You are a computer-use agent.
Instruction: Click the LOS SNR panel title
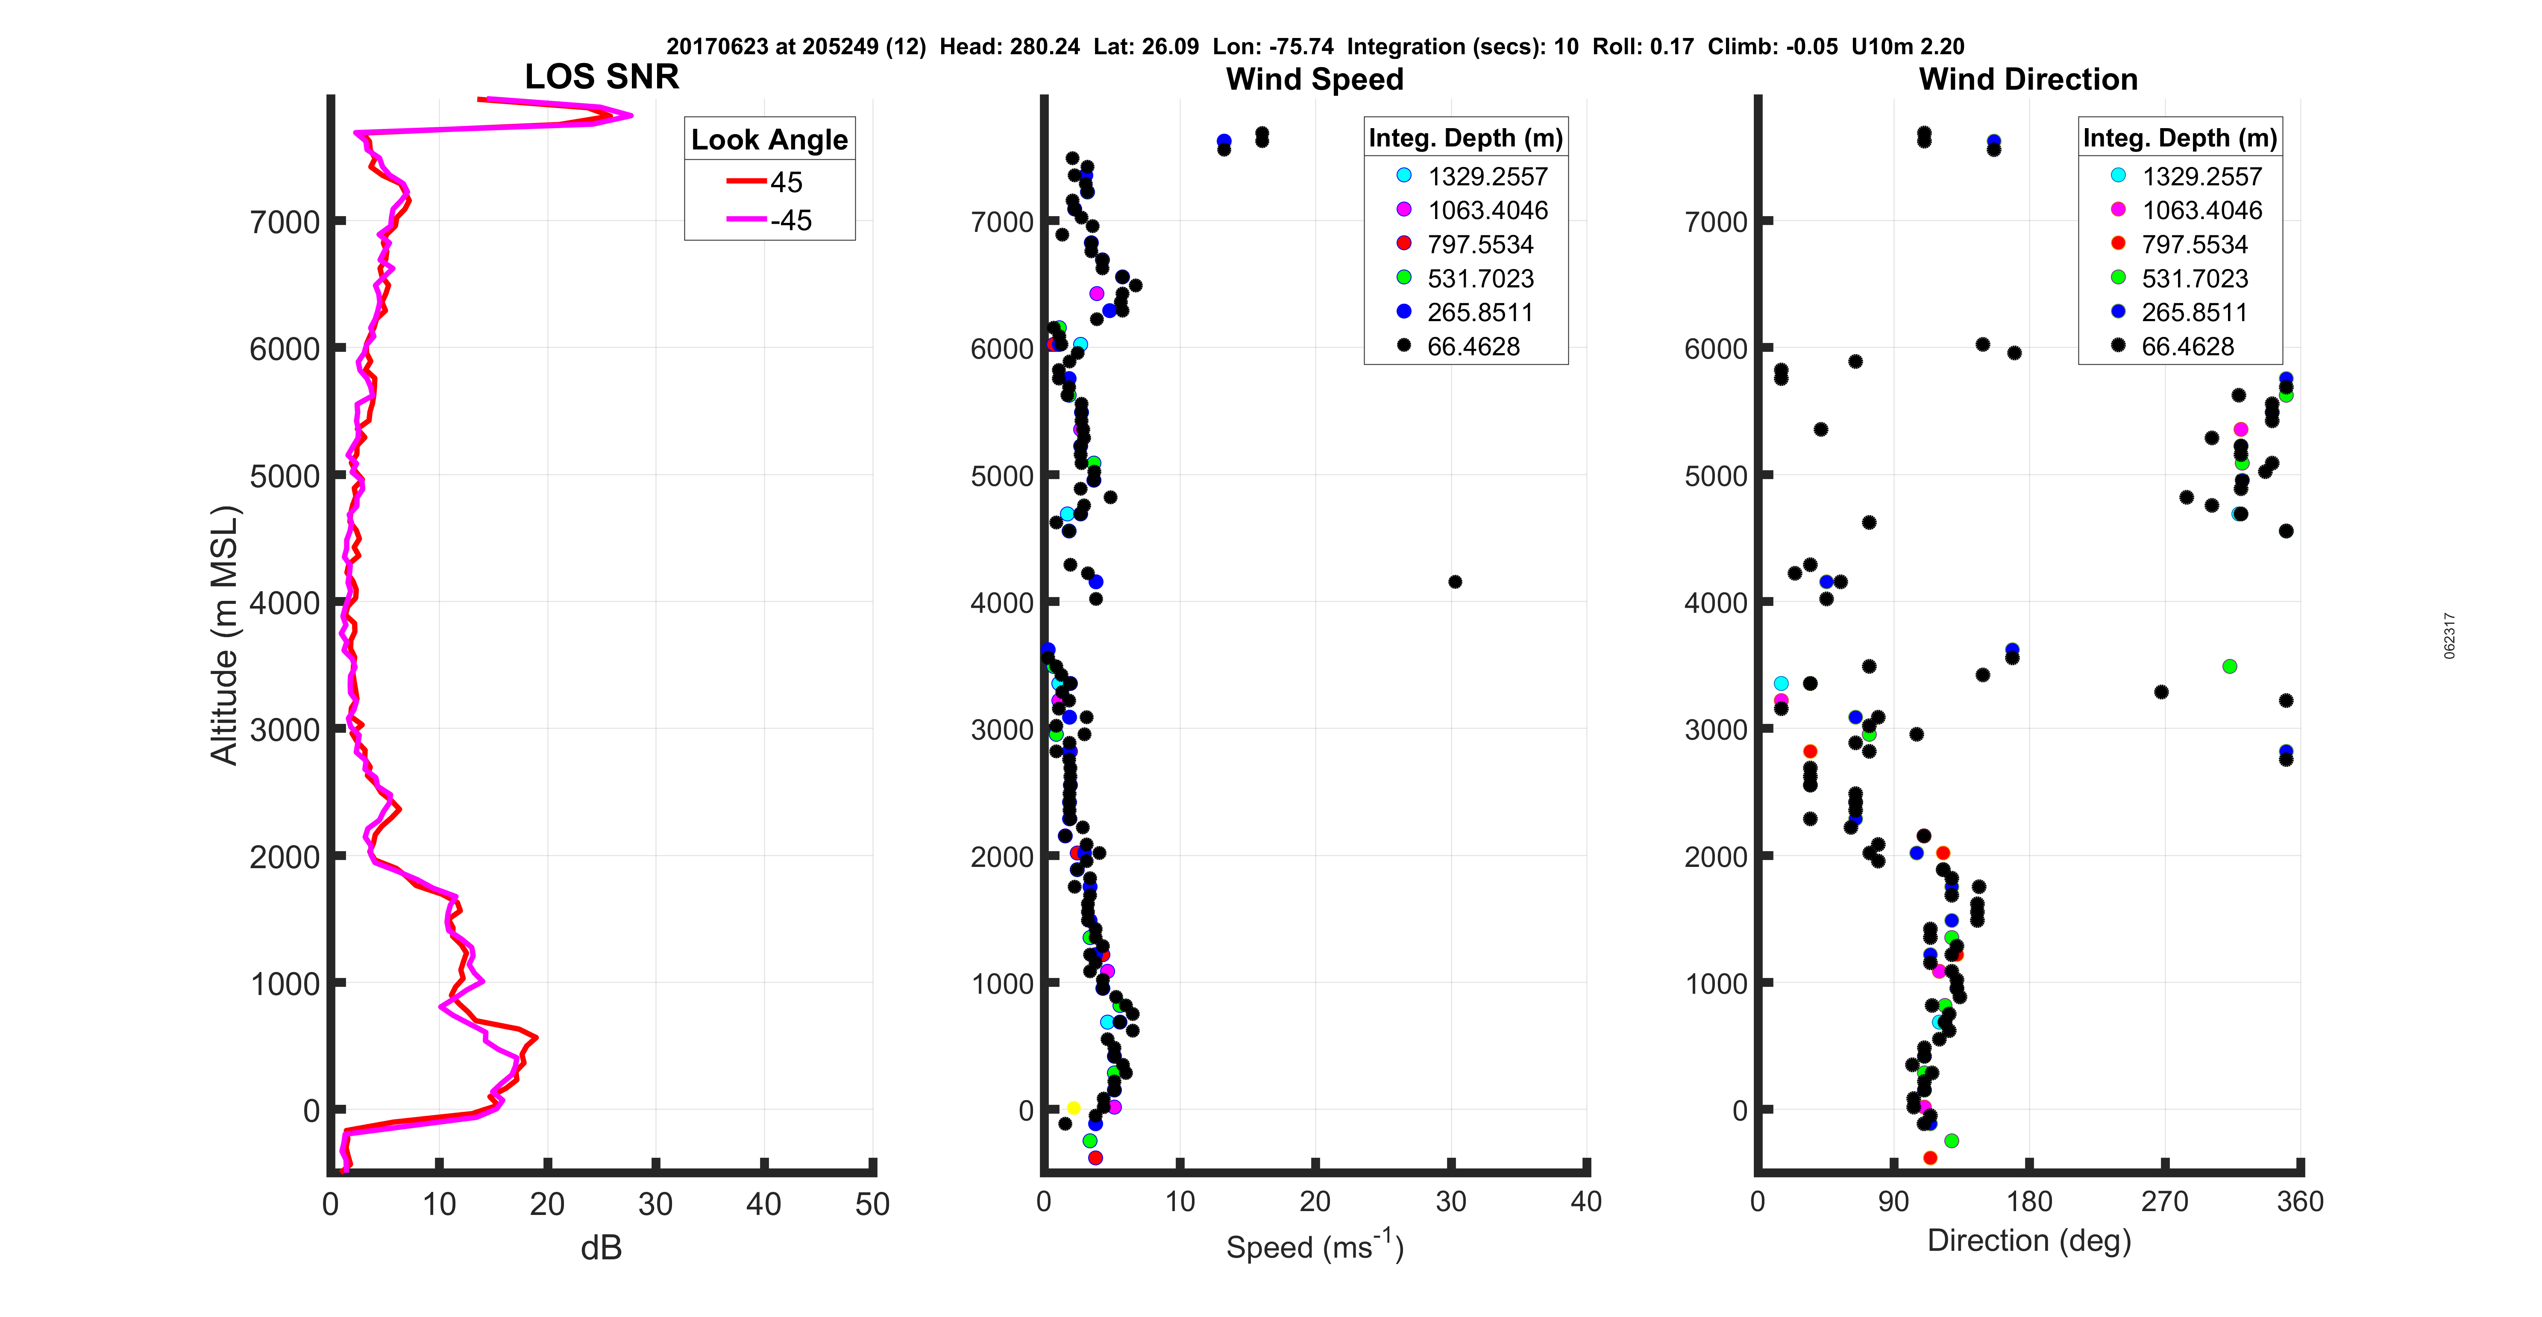coord(601,77)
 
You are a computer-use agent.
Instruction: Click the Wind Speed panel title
coord(1315,79)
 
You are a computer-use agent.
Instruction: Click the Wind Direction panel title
coord(2028,79)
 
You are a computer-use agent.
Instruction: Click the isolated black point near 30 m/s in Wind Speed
coord(1455,582)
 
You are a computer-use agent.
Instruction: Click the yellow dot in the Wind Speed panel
coord(1074,1108)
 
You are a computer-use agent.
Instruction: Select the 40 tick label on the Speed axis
coord(1586,1202)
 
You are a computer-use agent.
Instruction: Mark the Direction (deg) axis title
coord(2029,1240)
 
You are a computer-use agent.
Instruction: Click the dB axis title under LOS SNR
coord(601,1248)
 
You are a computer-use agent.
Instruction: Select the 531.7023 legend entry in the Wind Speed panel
coord(1480,278)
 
